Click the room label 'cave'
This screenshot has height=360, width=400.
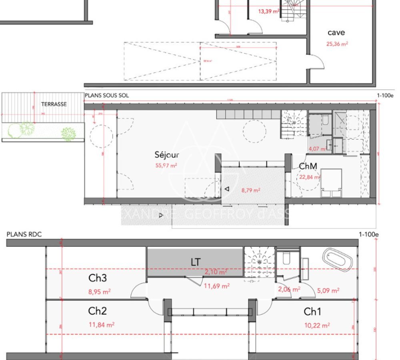click(x=336, y=33)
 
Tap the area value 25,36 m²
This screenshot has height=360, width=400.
click(x=337, y=44)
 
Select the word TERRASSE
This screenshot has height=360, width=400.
click(x=54, y=104)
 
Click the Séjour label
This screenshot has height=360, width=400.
click(x=167, y=155)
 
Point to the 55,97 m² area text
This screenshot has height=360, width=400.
click(x=167, y=165)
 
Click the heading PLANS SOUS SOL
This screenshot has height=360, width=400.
click(x=106, y=96)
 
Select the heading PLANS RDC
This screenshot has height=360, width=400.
click(x=24, y=234)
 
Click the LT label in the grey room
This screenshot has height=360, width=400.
click(x=196, y=262)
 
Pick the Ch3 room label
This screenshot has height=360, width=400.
click(x=97, y=278)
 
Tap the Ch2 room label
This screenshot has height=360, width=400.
click(x=97, y=311)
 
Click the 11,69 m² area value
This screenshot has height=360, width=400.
click(x=216, y=286)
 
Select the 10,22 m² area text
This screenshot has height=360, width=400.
click(x=317, y=326)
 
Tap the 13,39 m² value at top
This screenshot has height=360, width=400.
click(x=268, y=12)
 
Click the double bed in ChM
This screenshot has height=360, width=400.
click(x=331, y=182)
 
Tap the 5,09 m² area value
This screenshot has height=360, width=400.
click(x=328, y=290)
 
